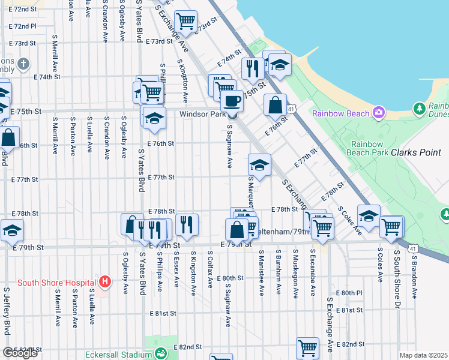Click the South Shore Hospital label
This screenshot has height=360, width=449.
tap(58, 283)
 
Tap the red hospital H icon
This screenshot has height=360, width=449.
tap(105, 281)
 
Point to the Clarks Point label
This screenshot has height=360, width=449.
tap(415, 152)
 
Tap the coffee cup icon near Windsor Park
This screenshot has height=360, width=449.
tap(232, 101)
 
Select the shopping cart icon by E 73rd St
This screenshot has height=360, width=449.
tap(185, 22)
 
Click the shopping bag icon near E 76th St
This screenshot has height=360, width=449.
tap(274, 105)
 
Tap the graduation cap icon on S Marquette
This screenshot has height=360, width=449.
tap(259, 165)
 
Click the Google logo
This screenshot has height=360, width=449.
tap(20, 353)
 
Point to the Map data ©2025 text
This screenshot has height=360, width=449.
tap(423, 355)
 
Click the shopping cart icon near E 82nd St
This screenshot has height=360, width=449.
tap(307, 347)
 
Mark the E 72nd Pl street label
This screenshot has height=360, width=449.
tap(23, 26)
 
